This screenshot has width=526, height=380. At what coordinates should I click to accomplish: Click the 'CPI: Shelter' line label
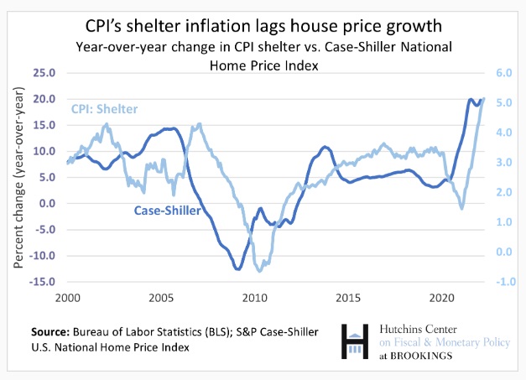tap(104, 109)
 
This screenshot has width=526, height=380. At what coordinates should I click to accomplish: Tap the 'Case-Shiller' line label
tap(167, 211)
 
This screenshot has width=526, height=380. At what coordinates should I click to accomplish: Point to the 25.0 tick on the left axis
tap(44, 73)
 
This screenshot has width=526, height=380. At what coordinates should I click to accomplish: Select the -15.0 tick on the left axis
tap(42, 282)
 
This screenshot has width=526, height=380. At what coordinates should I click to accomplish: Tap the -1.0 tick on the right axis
tap(502, 282)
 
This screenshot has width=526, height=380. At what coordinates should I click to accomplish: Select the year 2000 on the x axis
tap(67, 299)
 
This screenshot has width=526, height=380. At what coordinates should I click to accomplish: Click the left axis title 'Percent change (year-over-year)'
tap(18, 178)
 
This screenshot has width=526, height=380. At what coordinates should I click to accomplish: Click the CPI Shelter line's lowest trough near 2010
tap(260, 271)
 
